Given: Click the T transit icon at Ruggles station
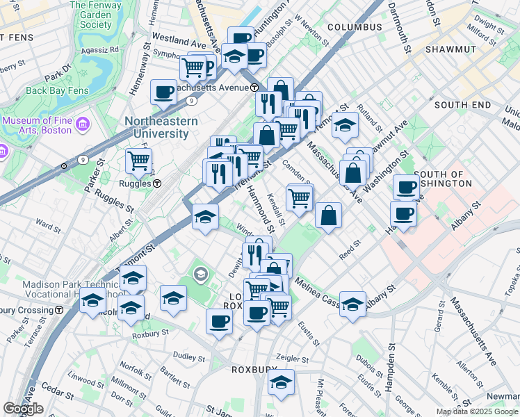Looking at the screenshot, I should tap(158, 184).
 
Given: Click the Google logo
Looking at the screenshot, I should tap(23, 409).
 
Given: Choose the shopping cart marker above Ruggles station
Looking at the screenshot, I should tap(139, 161).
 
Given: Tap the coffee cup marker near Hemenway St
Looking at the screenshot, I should tap(164, 91).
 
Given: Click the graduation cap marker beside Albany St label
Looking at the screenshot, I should tap(353, 304).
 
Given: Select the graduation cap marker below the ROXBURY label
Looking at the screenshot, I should tap(281, 382).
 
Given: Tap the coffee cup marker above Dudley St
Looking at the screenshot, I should tap(220, 321).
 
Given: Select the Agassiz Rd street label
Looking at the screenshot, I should tap(99, 49).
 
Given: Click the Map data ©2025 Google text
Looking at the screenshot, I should tap(477, 411).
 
